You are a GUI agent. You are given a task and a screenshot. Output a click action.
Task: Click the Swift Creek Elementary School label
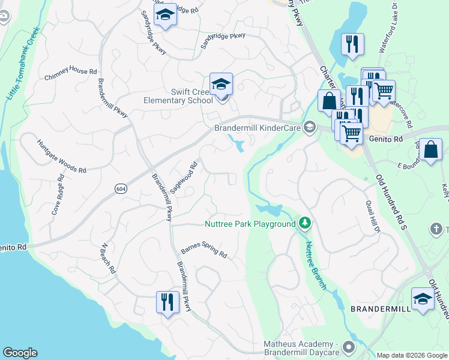pyautogui.click(x=178, y=97)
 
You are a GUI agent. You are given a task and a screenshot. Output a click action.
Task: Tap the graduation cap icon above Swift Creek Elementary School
pyautogui.click(x=221, y=83)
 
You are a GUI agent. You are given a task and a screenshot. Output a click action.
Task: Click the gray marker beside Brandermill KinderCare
pyautogui.click(x=310, y=127)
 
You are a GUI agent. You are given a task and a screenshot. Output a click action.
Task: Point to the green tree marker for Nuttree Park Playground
pyautogui.click(x=306, y=224)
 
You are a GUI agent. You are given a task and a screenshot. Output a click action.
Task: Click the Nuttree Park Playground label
pyautogui.click(x=250, y=224)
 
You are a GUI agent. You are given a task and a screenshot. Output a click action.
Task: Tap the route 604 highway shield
pyautogui.click(x=121, y=188)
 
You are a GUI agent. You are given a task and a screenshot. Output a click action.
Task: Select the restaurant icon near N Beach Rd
pyautogui.click(x=167, y=301)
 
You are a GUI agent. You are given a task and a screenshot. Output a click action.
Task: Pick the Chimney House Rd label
pyautogui.click(x=70, y=74)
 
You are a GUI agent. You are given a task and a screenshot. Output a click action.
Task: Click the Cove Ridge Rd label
pyautogui.click(x=56, y=196)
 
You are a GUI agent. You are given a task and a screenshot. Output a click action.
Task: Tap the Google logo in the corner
pyautogui.click(x=20, y=353)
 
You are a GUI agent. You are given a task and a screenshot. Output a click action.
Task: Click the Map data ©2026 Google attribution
pyautogui.click(x=411, y=355)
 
